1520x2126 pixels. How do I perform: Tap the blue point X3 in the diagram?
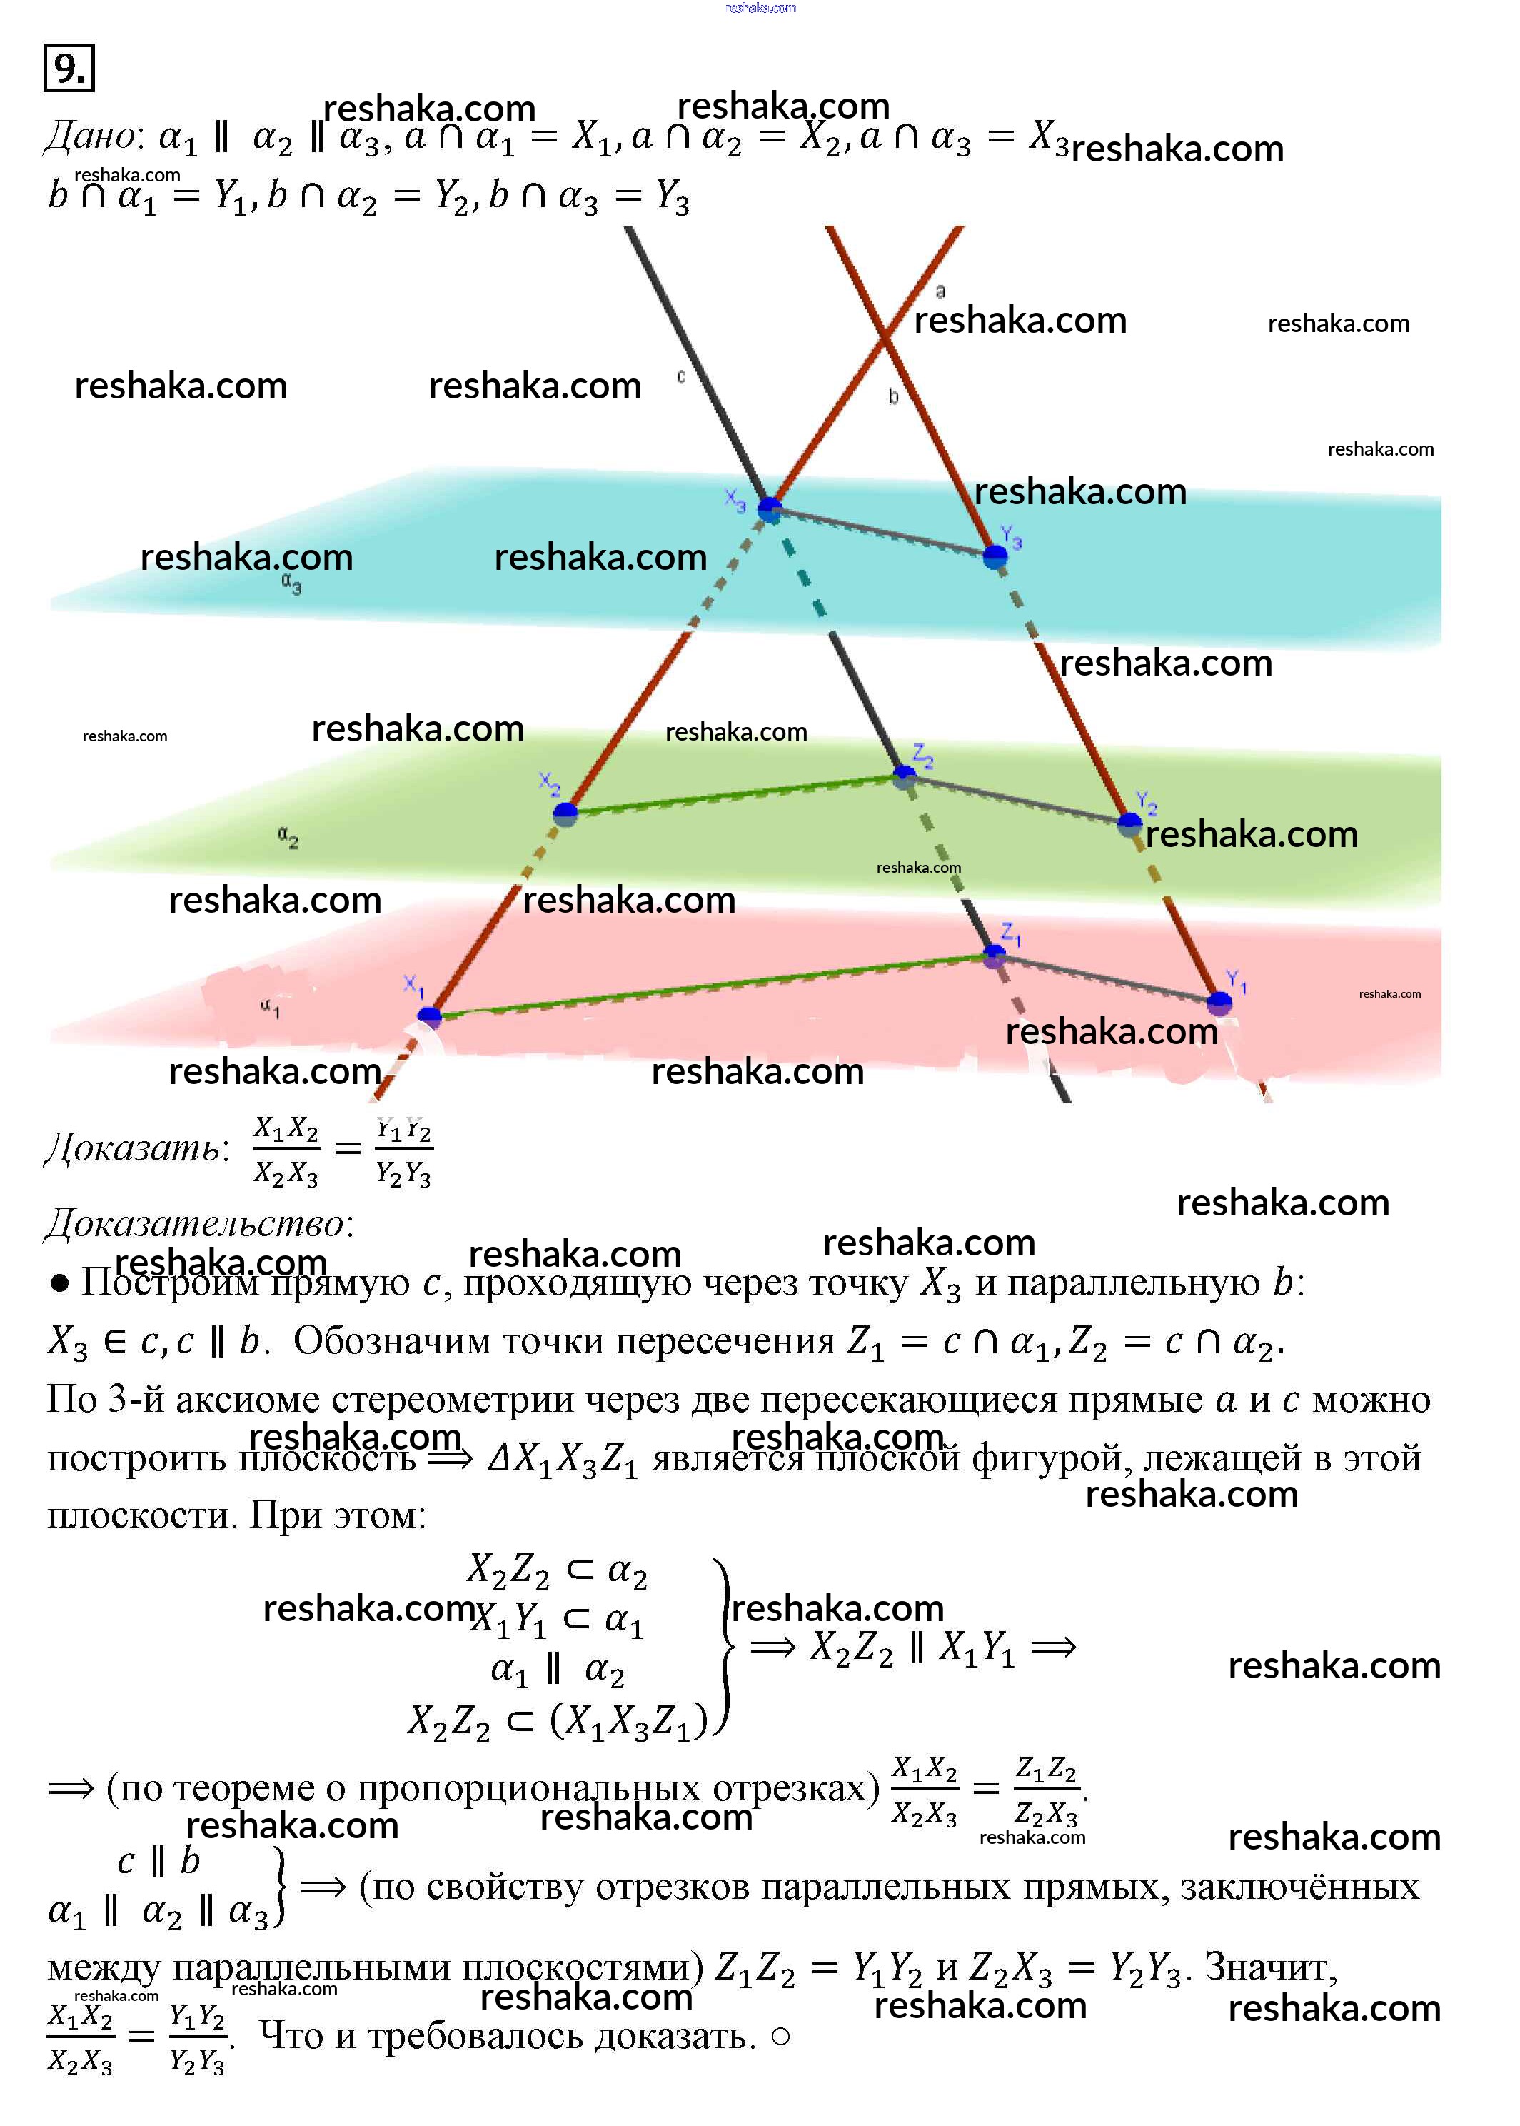770,509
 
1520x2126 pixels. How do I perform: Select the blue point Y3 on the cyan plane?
995,557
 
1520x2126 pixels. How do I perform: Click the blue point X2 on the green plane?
565,813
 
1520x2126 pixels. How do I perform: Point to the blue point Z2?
904,775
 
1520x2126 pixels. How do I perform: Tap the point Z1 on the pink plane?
994,956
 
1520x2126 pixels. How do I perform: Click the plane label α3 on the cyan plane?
291,584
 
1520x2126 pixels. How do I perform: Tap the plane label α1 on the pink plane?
270,1008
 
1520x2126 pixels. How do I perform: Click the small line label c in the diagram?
680,376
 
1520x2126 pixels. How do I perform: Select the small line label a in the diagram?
941,291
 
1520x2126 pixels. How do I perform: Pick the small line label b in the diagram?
893,397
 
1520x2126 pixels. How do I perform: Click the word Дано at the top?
91,136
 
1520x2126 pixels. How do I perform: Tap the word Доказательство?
196,1223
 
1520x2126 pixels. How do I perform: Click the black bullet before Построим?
60,1283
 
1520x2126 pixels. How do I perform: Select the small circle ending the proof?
780,2036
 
